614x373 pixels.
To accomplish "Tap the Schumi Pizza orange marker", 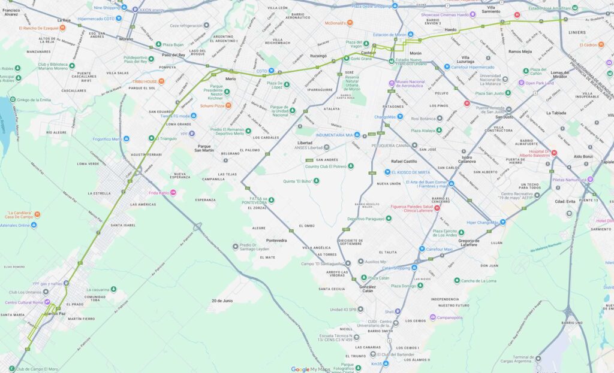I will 228,105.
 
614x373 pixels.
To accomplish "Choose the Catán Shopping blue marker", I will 414,268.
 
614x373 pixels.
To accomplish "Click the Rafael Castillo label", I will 404,161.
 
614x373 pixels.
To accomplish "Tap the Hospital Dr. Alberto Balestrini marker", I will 554,152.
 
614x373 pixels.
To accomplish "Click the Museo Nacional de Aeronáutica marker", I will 392,83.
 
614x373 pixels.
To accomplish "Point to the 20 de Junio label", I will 221,301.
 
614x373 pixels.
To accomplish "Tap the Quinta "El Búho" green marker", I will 317,180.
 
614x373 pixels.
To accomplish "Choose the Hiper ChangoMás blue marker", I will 502,222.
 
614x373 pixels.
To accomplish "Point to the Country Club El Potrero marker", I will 351,166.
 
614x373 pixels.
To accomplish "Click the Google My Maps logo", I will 311,369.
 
